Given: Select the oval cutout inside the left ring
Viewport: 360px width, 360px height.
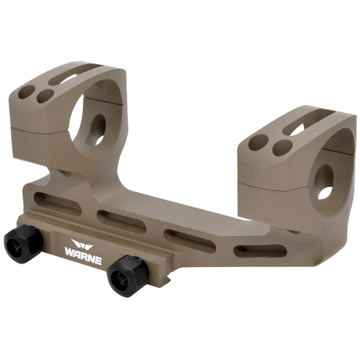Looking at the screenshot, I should tap(97, 128).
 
